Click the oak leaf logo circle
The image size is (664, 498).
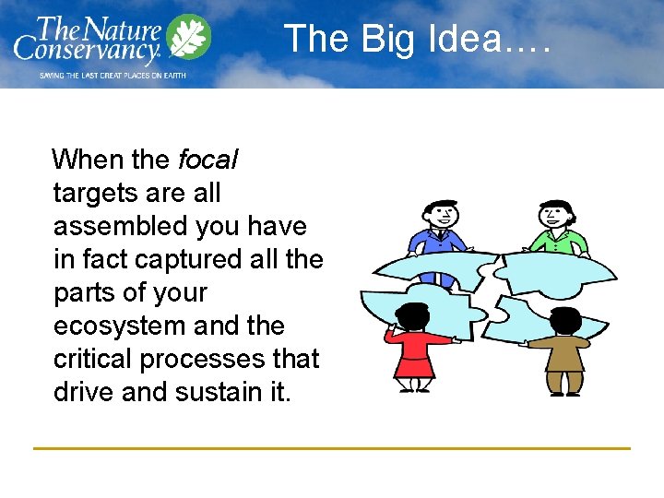pos(189,38)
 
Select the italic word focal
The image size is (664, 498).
pos(208,160)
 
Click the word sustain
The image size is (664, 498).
pos(217,393)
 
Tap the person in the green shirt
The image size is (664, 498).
pos(555,231)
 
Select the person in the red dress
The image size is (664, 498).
pos(413,346)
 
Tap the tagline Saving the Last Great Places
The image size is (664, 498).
pos(112,75)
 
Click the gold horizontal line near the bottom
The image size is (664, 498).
pos(332,449)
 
